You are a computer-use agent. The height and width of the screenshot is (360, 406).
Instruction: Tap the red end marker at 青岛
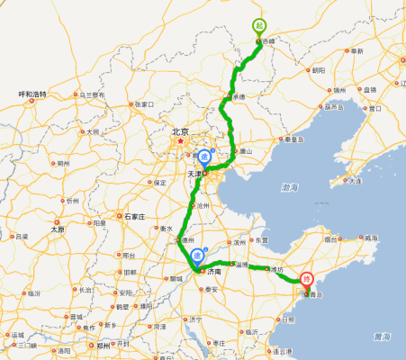point(307,280)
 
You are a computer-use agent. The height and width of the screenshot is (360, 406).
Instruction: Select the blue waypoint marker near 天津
point(205,155)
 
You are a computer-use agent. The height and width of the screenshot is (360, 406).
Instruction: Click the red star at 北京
point(181,140)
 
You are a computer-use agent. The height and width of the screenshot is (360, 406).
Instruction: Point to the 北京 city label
point(181,131)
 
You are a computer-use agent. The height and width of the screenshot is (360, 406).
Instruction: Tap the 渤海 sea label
point(289,188)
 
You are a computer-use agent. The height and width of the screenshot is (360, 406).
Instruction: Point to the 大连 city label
point(355,181)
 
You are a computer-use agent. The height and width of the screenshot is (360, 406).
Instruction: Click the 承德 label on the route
point(239,96)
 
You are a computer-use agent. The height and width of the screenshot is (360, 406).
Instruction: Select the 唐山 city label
point(245,152)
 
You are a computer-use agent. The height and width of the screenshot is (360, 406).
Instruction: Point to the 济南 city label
point(213,270)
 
